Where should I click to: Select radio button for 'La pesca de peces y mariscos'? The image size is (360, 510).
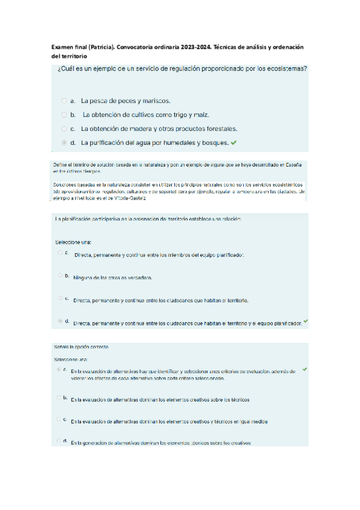[64, 101]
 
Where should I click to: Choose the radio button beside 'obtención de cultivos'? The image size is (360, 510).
[64, 114]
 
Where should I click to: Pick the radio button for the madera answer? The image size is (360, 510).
[64, 129]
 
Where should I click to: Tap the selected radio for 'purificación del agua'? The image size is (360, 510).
[64, 143]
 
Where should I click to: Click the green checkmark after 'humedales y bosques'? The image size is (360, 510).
[233, 143]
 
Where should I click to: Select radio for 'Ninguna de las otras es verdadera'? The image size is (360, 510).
[60, 275]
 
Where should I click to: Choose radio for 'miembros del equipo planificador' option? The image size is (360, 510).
[60, 253]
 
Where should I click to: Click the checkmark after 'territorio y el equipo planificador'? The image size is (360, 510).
[306, 321]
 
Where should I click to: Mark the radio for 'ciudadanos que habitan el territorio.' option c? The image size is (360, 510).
[60, 298]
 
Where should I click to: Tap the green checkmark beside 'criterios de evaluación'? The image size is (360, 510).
[304, 369]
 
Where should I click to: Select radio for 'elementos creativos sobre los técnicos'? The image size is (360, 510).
[59, 398]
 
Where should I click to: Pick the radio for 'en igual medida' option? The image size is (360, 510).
[59, 419]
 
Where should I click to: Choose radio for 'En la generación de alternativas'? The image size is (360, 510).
[59, 441]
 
